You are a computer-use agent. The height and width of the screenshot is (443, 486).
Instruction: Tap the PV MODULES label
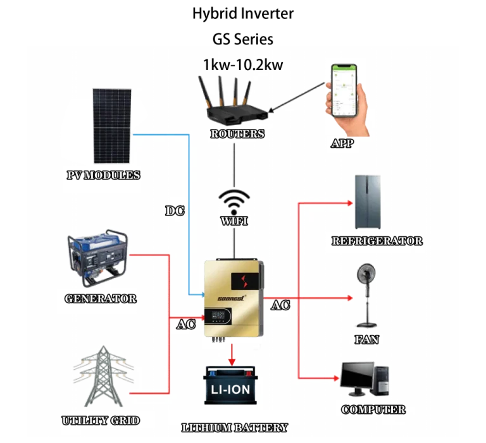103,175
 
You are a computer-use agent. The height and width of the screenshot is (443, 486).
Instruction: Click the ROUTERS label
237,134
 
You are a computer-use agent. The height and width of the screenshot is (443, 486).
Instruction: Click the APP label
342,143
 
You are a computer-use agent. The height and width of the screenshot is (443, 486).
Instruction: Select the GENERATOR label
101,298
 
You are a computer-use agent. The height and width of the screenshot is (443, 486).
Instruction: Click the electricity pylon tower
102,377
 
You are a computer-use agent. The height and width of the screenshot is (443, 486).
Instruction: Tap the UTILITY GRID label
101,420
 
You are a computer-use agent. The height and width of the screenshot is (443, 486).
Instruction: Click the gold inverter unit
232,299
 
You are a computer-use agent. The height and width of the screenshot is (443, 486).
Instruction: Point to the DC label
175,211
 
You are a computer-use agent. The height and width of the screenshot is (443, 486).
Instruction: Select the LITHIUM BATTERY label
235,428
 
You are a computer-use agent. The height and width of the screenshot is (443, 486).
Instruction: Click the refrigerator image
367,202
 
